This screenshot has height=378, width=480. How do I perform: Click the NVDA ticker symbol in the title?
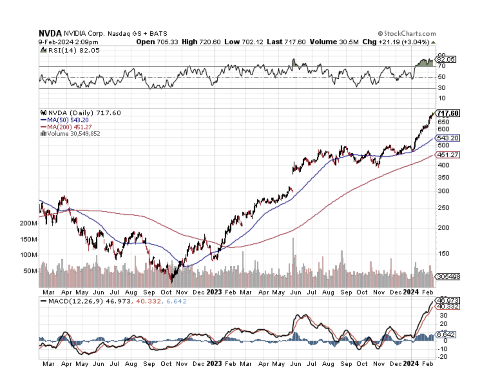pos(50,33)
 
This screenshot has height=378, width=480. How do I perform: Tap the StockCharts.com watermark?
pos(407,33)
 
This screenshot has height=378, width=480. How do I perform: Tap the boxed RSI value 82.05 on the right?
pos(446,59)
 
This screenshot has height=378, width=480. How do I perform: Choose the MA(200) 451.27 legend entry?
pos(69,127)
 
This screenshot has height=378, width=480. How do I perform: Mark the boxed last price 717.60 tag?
pos(448,113)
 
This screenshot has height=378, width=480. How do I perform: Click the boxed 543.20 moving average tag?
pos(448,138)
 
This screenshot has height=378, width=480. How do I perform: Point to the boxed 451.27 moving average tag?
pos(448,155)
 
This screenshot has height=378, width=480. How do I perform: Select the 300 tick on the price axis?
pos(443,191)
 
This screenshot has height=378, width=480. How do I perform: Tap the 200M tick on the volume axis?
pos(28,223)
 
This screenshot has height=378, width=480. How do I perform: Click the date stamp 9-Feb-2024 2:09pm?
pos(68,42)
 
